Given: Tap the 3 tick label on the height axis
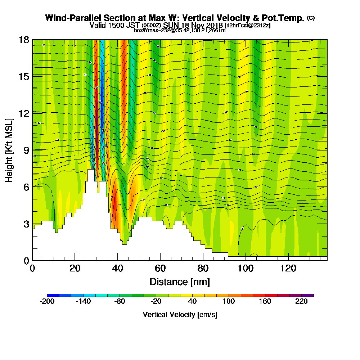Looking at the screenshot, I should (x=26, y=224).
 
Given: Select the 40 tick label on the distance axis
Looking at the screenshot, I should (x=118, y=269).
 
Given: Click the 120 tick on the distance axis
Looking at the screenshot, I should (x=288, y=260).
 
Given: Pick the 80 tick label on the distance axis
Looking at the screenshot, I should (x=203, y=269).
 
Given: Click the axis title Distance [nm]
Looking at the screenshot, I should (x=180, y=282).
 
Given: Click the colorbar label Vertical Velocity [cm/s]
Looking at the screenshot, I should (x=180, y=315).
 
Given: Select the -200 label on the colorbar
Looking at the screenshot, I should (x=47, y=302).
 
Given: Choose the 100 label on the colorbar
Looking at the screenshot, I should (x=229, y=302).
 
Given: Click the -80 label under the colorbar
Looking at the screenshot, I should (x=120, y=302).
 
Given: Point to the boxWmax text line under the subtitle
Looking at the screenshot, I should (x=180, y=30).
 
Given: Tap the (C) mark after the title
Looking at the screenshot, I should (x=311, y=18).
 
